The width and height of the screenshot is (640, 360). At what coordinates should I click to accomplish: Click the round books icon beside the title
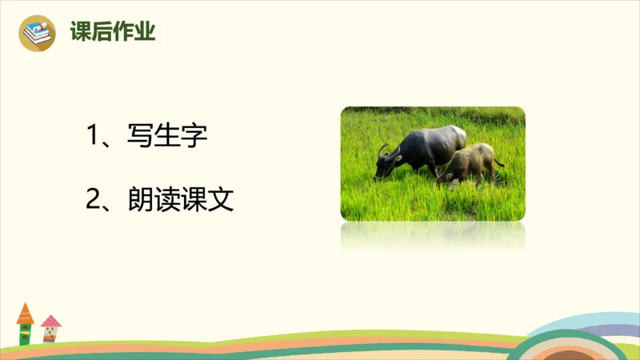click(37, 33)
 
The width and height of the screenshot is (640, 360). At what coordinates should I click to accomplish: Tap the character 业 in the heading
click(146, 33)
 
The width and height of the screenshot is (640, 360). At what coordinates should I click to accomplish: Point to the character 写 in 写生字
click(140, 135)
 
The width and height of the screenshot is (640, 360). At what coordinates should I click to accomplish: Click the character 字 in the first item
click(194, 135)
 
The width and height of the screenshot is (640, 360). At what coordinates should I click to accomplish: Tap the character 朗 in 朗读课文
click(140, 199)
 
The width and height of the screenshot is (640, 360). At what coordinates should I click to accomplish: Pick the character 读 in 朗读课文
click(167, 199)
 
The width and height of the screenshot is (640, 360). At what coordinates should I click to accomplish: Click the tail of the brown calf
click(498, 162)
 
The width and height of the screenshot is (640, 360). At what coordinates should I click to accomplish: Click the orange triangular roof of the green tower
click(26, 314)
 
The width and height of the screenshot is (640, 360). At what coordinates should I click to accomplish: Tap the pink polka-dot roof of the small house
click(50, 321)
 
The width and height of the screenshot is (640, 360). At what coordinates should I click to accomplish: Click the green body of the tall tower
click(25, 334)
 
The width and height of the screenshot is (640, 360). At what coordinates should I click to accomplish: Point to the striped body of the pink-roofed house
click(50, 334)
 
